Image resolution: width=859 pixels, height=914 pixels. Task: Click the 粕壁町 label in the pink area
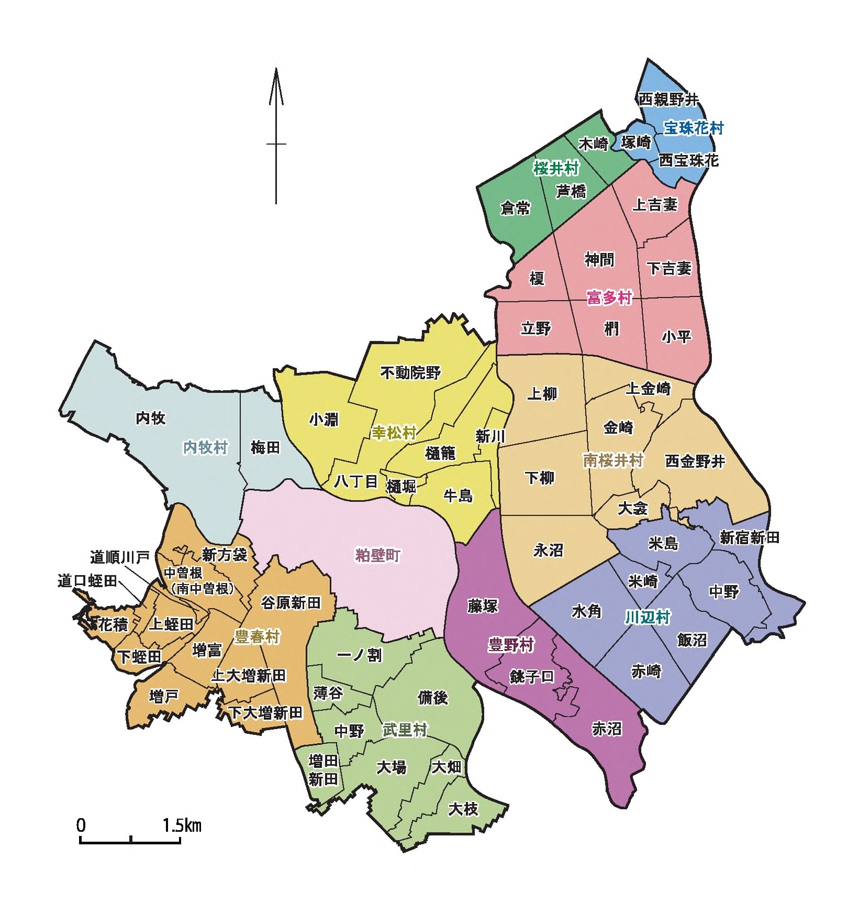378,555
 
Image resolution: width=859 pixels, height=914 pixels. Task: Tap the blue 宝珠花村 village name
693,128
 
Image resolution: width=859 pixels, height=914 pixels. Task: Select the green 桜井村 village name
556,169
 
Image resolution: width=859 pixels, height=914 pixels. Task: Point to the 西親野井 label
668,99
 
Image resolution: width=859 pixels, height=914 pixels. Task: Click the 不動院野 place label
410,373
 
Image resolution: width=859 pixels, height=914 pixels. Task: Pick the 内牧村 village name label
205,448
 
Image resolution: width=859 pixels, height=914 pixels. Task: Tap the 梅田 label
265,448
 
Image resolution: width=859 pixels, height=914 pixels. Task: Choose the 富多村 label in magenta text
609,298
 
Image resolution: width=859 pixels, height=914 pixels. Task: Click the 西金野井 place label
695,461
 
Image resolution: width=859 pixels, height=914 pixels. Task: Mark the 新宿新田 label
749,537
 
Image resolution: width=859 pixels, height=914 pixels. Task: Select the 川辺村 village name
647,618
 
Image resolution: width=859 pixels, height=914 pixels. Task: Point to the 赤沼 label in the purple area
607,729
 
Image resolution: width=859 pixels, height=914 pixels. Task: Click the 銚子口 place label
531,677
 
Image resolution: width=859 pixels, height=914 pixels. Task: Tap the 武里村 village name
405,730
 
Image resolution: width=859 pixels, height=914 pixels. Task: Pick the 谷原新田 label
291,603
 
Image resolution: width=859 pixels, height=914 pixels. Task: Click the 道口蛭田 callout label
87,581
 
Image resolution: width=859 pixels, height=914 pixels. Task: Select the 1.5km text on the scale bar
182,826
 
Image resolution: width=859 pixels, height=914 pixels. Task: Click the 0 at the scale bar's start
81,826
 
